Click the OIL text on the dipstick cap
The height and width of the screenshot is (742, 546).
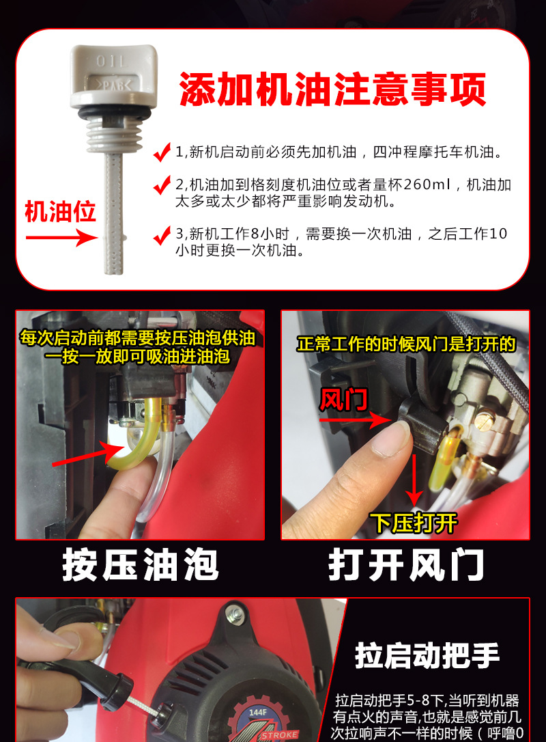point(112,61)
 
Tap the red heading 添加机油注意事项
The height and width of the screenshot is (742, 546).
point(332,90)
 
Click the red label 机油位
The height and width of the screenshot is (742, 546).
point(60,212)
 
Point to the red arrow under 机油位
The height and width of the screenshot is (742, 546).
point(61,237)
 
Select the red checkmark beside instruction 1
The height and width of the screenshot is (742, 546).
point(162,152)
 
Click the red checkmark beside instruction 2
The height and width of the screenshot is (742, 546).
point(162,185)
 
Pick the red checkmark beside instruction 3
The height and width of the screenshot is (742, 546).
point(162,235)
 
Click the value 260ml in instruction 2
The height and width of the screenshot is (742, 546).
point(428,184)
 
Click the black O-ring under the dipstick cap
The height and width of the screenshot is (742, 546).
point(114,113)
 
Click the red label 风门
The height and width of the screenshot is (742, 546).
point(343,400)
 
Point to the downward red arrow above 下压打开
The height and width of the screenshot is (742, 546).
point(414,480)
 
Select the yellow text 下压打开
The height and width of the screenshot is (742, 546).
point(414,523)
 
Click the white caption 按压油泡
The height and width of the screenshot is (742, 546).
point(141,564)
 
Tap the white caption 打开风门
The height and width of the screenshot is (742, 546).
point(406,564)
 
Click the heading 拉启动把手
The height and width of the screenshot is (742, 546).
point(427,655)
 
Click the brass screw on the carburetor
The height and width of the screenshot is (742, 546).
point(484,420)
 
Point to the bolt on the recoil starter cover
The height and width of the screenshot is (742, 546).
point(235,614)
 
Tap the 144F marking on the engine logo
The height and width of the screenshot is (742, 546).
point(257,712)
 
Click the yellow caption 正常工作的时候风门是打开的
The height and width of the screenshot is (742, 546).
point(405,344)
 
